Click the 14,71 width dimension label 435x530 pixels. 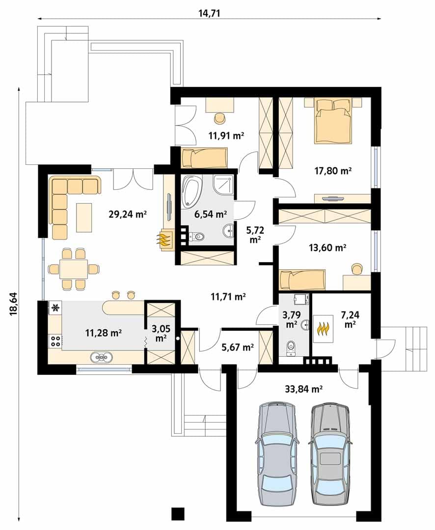pos(209,13)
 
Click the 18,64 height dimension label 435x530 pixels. pos(14,303)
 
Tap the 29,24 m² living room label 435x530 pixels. pos(128,214)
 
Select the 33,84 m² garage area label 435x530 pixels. pos(303,389)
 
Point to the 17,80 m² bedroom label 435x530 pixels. pos(333,171)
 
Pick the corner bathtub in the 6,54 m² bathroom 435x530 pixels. pos(191,191)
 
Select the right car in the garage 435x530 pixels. pos(330,454)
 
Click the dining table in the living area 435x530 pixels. pos(74,269)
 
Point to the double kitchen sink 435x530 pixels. pos(101,357)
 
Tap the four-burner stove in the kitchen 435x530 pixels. pos(55,341)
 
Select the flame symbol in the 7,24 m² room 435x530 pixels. pos(324,328)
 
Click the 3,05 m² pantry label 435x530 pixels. pos(161,333)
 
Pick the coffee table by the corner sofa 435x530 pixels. pos(84,217)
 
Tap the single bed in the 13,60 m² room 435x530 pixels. pos(302,280)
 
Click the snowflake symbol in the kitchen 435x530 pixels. pos(55,308)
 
